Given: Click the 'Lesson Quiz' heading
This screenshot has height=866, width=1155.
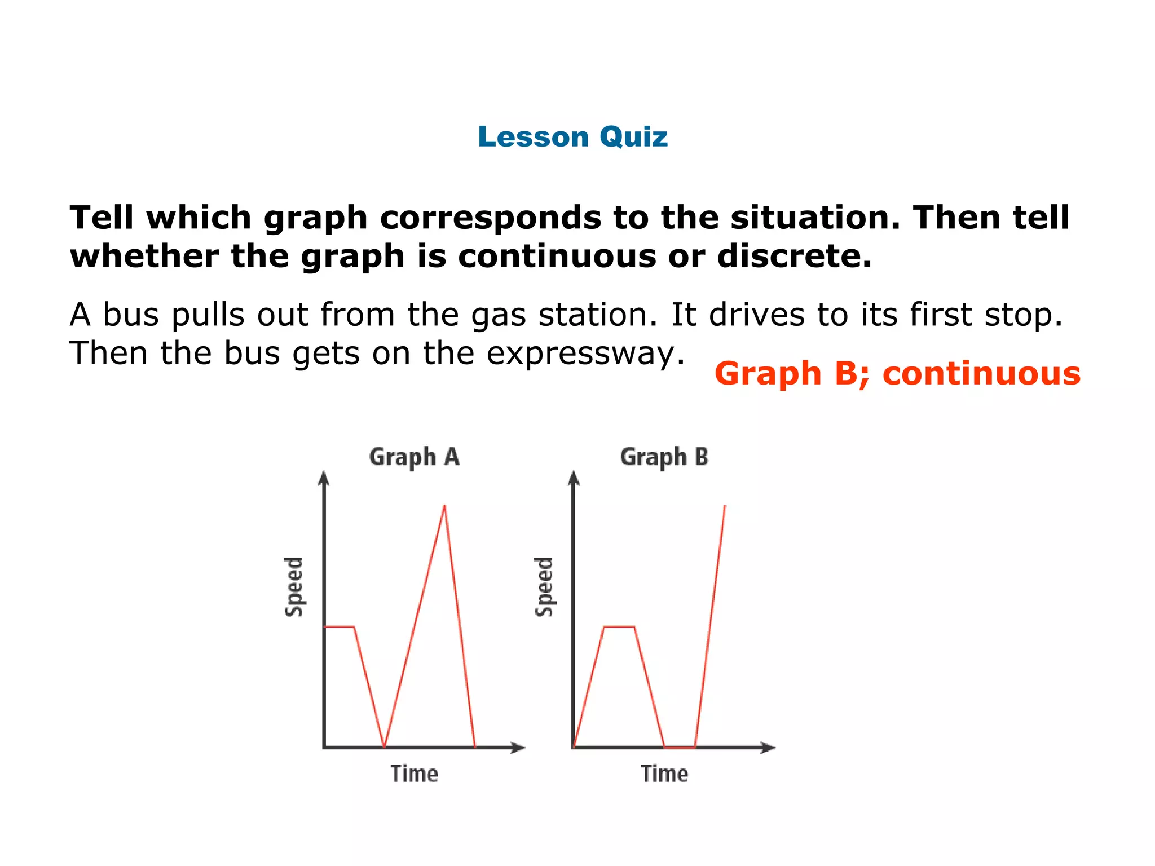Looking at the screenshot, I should (x=572, y=137).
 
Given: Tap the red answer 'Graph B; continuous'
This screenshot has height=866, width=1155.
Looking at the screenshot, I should (x=897, y=374).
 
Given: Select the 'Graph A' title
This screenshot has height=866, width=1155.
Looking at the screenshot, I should (x=415, y=457).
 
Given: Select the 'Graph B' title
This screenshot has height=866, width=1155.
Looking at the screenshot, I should (x=664, y=457).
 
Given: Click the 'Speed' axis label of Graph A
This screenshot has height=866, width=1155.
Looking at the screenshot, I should (x=293, y=587).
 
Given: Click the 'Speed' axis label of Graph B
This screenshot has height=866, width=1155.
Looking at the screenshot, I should (x=544, y=587).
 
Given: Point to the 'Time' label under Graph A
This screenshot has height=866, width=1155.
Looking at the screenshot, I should (x=415, y=774).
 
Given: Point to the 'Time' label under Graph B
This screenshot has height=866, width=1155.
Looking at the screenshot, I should (x=664, y=774).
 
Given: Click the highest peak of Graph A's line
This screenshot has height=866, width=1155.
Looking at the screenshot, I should (x=444, y=506).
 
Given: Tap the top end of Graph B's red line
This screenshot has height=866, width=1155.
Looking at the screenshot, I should (x=725, y=506).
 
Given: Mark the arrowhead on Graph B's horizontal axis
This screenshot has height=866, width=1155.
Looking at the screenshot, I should (x=768, y=748).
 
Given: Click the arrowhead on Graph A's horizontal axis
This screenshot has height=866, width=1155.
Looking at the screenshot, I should (x=518, y=748).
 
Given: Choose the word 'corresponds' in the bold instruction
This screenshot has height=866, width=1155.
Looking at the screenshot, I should (x=490, y=218).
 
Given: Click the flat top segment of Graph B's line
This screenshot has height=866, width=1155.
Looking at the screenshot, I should (x=619, y=626).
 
